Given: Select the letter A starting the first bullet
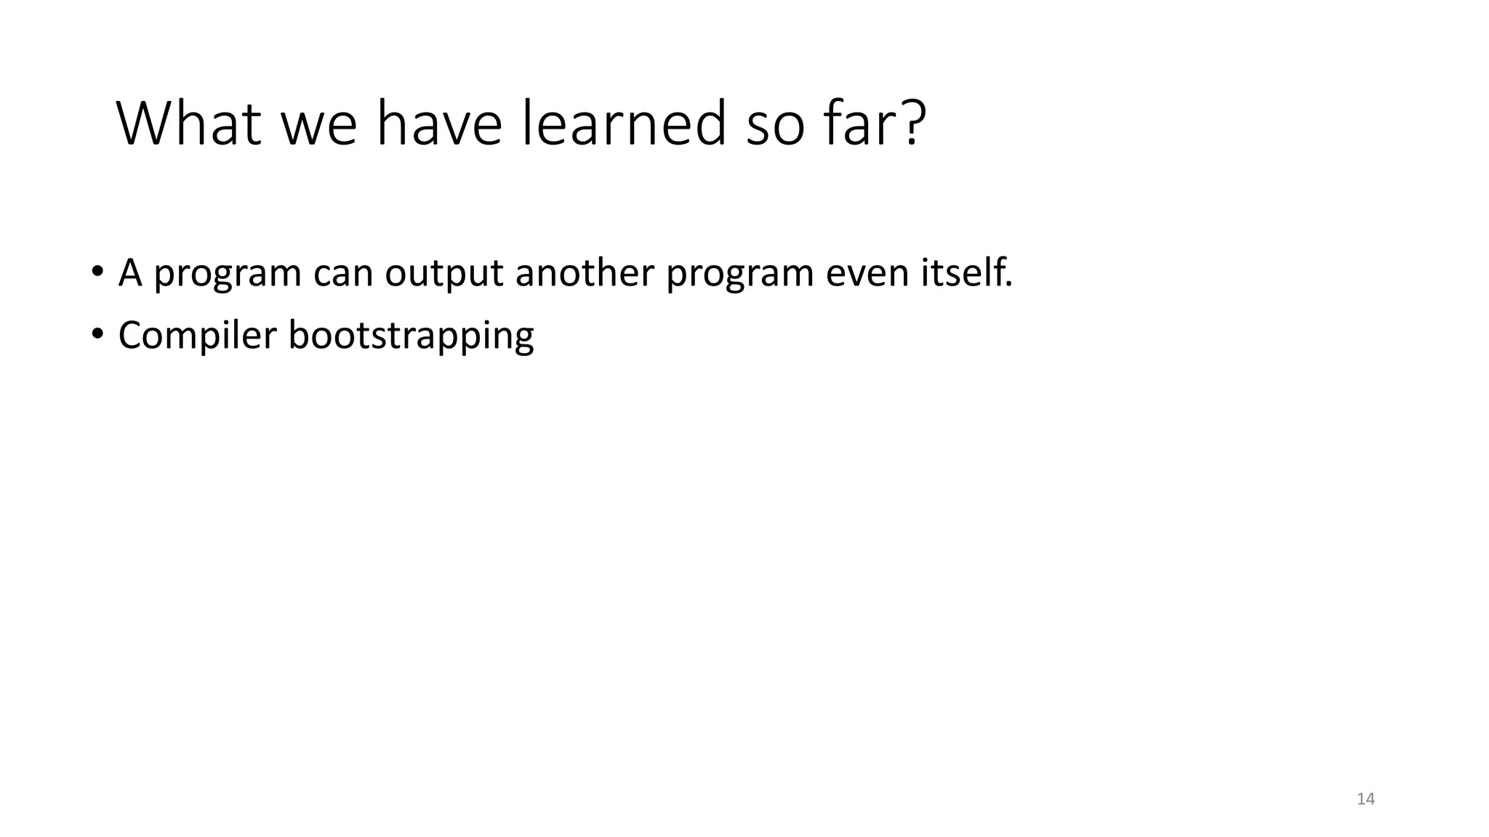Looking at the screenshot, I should tap(129, 273).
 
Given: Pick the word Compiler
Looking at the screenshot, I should tap(198, 336).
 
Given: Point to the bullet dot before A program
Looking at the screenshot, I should tap(97, 273).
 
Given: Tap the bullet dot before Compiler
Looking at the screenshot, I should tap(97, 335).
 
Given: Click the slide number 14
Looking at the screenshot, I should tap(1365, 799).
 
